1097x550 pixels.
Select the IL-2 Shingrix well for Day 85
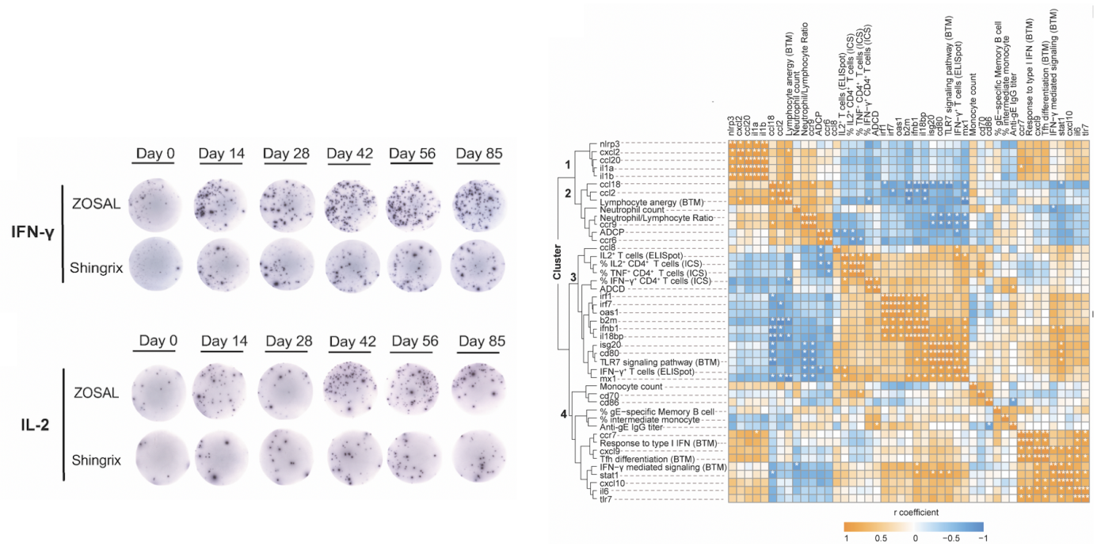(x=478, y=455)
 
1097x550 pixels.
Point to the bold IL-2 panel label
(x=38, y=422)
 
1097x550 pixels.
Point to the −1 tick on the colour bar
(x=982, y=539)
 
